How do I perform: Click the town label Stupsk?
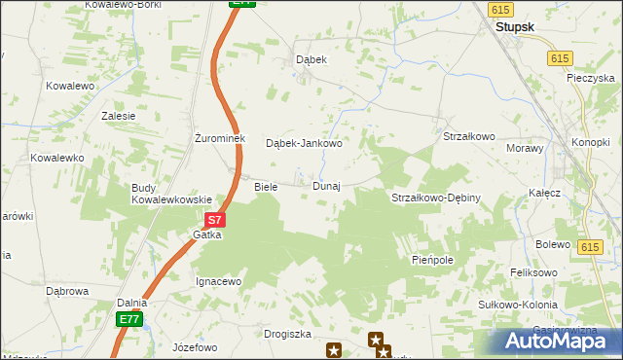point(515,28)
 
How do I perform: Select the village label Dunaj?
point(326,186)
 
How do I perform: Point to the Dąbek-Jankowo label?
point(305,143)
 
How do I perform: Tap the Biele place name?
point(266,186)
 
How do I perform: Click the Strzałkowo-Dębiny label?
point(436,198)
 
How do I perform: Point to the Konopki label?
point(591,142)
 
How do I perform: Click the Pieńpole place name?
point(433,261)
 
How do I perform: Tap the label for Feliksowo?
point(535,273)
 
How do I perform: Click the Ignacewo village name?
point(219,281)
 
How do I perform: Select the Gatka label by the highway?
point(206,235)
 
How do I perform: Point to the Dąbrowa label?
point(68,290)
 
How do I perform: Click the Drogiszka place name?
point(287,334)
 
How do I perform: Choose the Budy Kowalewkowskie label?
point(172,194)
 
